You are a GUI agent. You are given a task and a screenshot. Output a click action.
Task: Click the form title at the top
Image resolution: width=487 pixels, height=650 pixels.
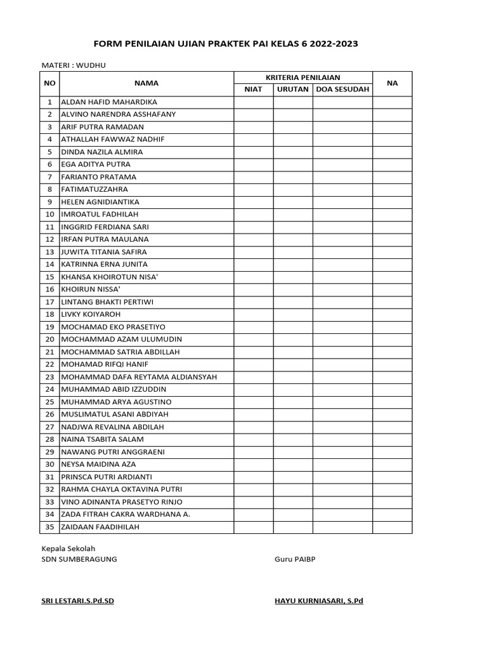pyautogui.click(x=226, y=44)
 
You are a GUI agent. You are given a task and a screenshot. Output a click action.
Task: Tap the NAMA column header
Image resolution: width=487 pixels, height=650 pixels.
pyautogui.click(x=146, y=83)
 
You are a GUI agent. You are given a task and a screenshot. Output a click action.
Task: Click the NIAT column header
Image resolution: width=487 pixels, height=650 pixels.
pyautogui.click(x=254, y=90)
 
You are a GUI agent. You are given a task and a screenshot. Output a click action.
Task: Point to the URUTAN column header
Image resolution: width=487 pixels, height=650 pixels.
pyautogui.click(x=293, y=90)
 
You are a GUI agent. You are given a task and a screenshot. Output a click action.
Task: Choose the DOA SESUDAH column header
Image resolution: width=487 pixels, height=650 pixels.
pyautogui.click(x=342, y=90)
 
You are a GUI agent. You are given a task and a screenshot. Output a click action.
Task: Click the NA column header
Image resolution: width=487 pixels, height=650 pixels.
pyautogui.click(x=393, y=83)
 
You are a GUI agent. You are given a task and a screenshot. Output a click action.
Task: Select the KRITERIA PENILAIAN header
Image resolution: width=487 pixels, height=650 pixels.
pyautogui.click(x=303, y=77)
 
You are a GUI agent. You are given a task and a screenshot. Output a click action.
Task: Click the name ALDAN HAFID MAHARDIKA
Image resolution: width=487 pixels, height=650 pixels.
pyautogui.click(x=108, y=102)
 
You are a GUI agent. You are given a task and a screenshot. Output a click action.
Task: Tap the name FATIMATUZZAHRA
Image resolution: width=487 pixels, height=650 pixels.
pyautogui.click(x=94, y=189)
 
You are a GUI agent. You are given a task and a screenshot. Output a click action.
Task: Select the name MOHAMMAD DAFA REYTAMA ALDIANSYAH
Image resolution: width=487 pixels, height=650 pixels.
pyautogui.click(x=139, y=376)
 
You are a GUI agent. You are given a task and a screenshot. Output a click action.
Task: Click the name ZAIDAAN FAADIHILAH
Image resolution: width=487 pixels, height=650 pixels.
pyautogui.click(x=100, y=527)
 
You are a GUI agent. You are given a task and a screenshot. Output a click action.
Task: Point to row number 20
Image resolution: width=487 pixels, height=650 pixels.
pyautogui.click(x=49, y=339)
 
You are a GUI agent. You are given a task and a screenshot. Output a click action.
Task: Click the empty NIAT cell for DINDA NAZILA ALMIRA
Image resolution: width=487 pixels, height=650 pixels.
pyautogui.click(x=254, y=152)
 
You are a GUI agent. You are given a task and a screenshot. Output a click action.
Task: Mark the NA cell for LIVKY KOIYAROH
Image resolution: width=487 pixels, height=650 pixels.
pyautogui.click(x=393, y=314)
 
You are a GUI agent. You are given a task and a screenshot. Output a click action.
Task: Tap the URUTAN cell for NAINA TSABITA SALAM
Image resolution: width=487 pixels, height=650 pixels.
pyautogui.click(x=293, y=439)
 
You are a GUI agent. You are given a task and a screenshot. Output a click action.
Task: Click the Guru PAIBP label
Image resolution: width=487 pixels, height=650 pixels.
pyautogui.click(x=294, y=559)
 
